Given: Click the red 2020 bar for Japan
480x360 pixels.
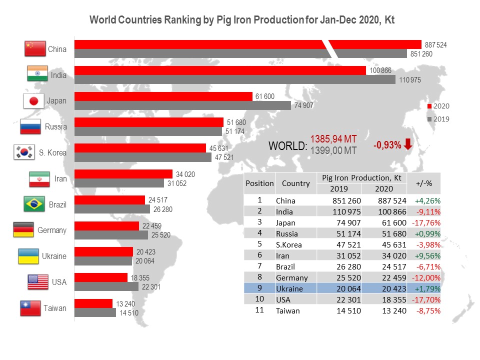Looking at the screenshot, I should tap(163, 96).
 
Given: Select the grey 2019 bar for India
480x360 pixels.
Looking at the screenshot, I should tap(234, 79).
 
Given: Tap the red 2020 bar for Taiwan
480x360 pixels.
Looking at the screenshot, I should tap(93, 303).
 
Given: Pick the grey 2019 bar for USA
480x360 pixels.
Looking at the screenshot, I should tap(106, 286).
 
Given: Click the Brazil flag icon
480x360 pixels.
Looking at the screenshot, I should tap(35, 204).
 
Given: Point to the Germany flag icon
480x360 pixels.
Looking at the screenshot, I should tap(23, 230).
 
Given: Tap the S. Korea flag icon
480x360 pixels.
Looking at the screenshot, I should tap(23, 152).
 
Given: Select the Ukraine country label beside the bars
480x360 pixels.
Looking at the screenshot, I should tap(54, 256).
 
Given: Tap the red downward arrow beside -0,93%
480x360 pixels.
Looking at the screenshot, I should tap(408, 144).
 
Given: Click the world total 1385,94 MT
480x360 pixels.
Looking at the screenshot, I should tap(333, 139).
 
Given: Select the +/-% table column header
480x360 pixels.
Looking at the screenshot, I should tap(424, 183).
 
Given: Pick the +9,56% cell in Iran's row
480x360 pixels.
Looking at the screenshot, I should tap(424, 255).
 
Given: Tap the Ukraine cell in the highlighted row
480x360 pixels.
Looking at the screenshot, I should tap(289, 288).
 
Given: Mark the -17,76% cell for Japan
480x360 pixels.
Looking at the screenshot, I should tap(424, 222).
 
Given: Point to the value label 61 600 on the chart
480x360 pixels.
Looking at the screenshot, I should tap(264, 96).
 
